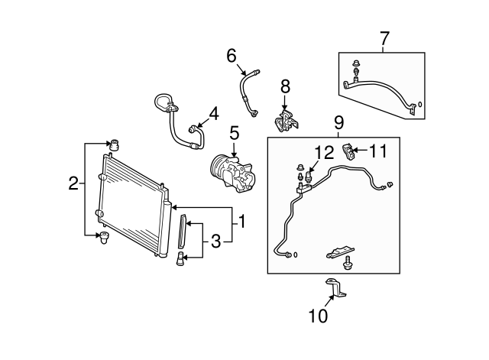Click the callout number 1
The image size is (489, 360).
point(241,222)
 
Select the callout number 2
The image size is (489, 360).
point(73,183)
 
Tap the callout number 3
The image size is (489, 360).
point(215,242)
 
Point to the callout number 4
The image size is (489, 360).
point(213,114)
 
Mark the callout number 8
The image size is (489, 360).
point(285,85)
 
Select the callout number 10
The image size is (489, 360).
point(318,314)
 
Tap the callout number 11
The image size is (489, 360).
point(378,151)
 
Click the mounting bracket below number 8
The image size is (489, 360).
point(286,122)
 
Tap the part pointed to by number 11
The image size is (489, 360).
point(351,151)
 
